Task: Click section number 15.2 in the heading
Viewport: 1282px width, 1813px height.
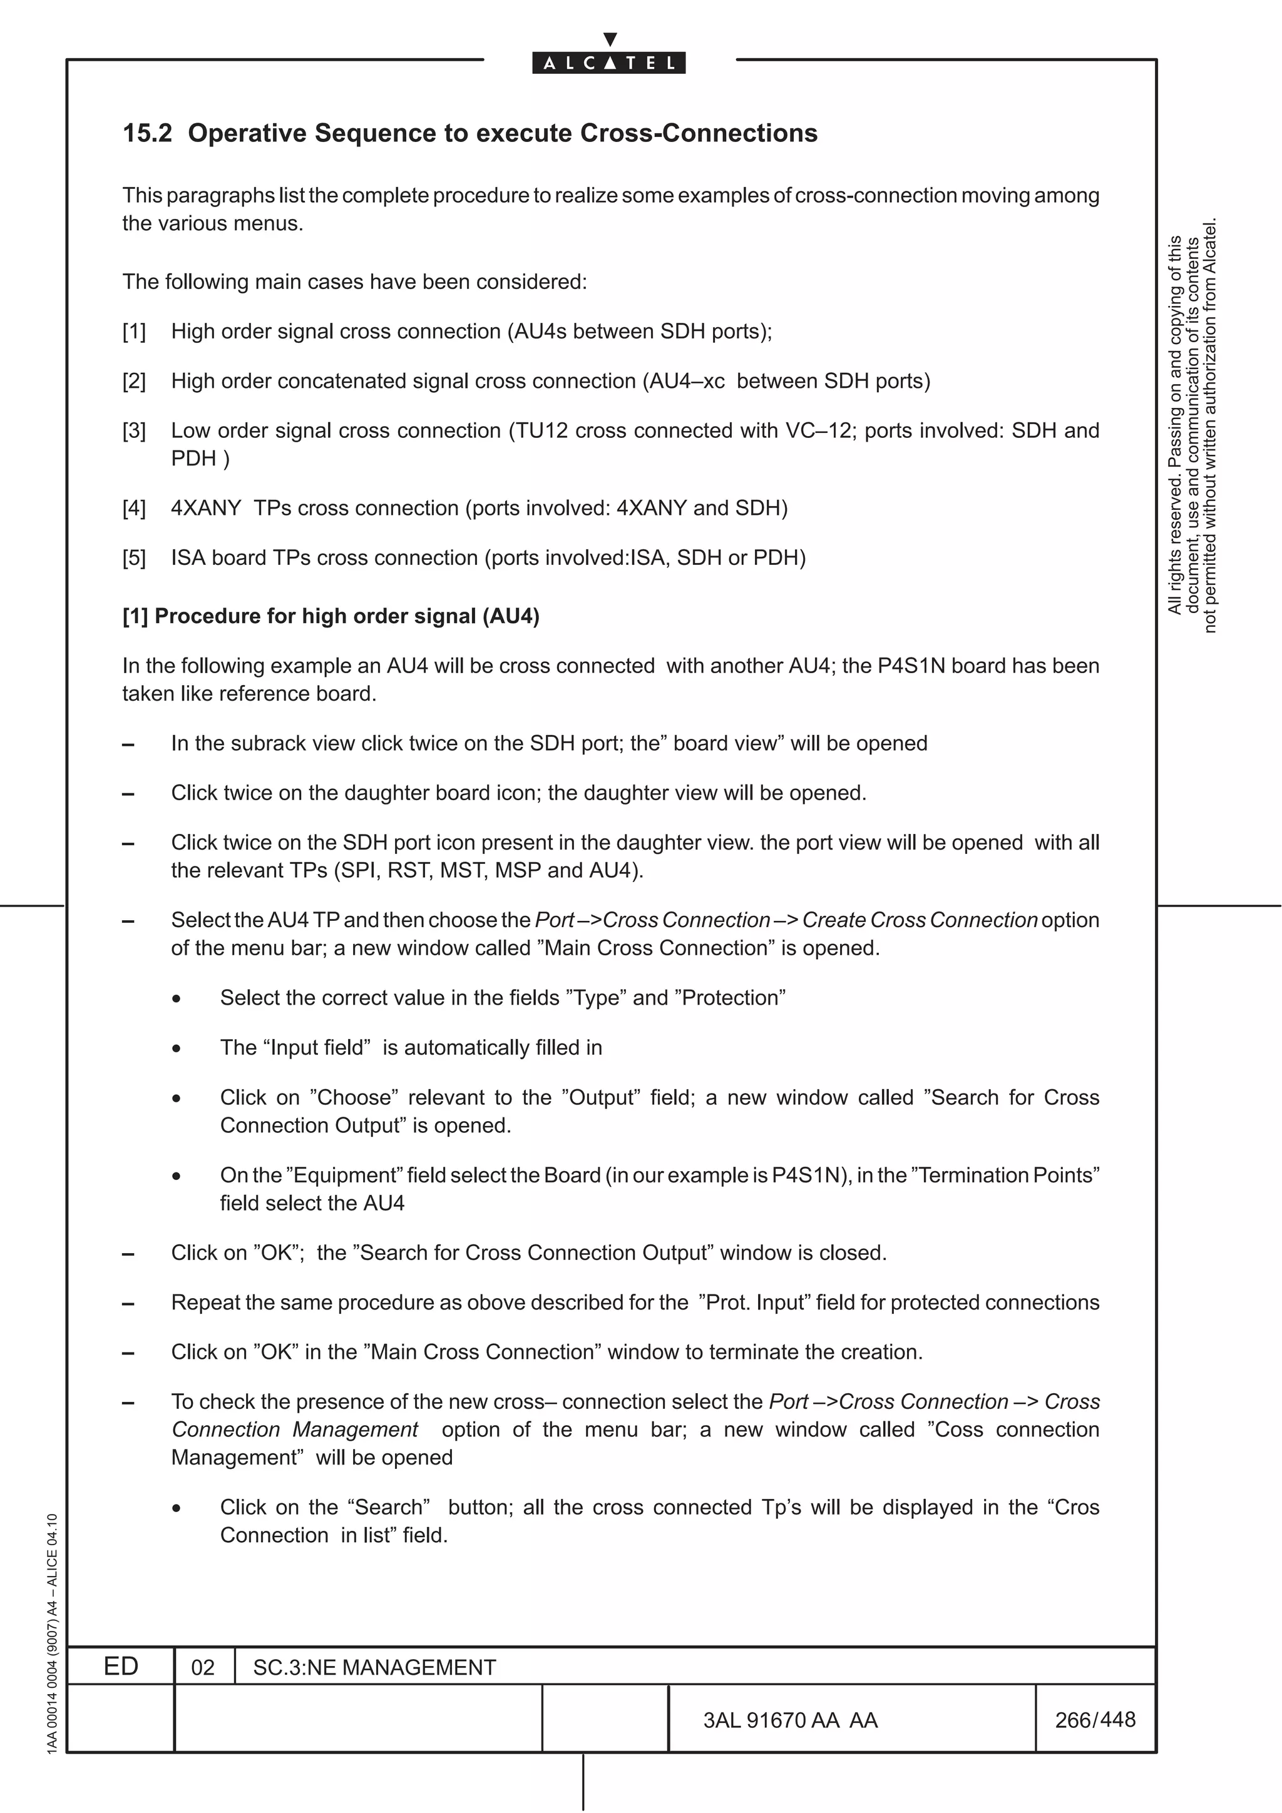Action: pos(147,133)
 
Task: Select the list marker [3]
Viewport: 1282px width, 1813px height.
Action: pos(135,431)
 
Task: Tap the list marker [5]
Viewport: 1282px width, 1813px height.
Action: pos(135,558)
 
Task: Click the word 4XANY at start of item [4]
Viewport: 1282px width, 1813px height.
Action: pos(206,509)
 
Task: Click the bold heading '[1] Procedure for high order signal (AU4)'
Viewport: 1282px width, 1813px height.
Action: pos(331,617)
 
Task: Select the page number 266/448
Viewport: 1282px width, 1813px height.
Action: pos(1095,1720)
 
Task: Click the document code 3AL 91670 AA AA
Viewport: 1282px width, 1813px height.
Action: pos(790,1720)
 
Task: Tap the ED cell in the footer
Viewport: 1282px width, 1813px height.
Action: pos(121,1666)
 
